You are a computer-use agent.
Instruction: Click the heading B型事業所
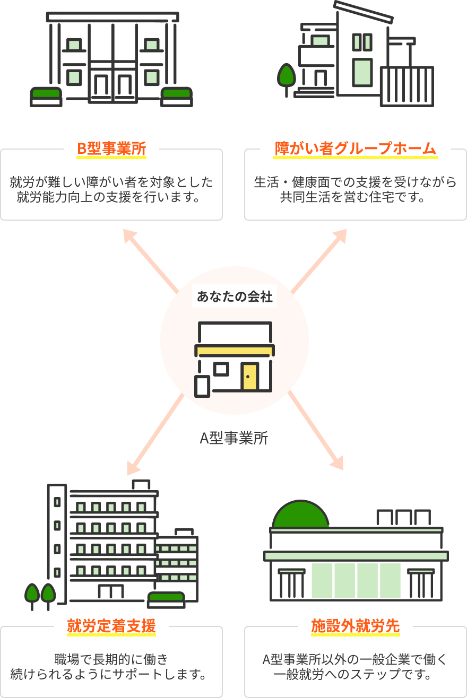(111, 149)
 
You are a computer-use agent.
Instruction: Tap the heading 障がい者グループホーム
(355, 149)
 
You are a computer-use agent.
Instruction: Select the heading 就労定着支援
(111, 626)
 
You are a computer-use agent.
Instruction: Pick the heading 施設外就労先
(355, 626)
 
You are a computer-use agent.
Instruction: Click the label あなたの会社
(235, 297)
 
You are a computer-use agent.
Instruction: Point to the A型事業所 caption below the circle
(234, 439)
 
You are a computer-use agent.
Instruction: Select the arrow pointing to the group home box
(319, 260)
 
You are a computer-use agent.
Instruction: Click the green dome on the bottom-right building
(298, 514)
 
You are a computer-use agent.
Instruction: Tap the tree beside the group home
(287, 76)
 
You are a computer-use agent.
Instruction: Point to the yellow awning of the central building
(235, 350)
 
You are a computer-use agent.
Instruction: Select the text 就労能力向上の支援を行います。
(111, 198)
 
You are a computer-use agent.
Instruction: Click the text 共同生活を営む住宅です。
(355, 198)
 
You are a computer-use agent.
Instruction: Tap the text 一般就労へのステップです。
(355, 675)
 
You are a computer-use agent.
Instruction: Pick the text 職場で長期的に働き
(111, 660)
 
